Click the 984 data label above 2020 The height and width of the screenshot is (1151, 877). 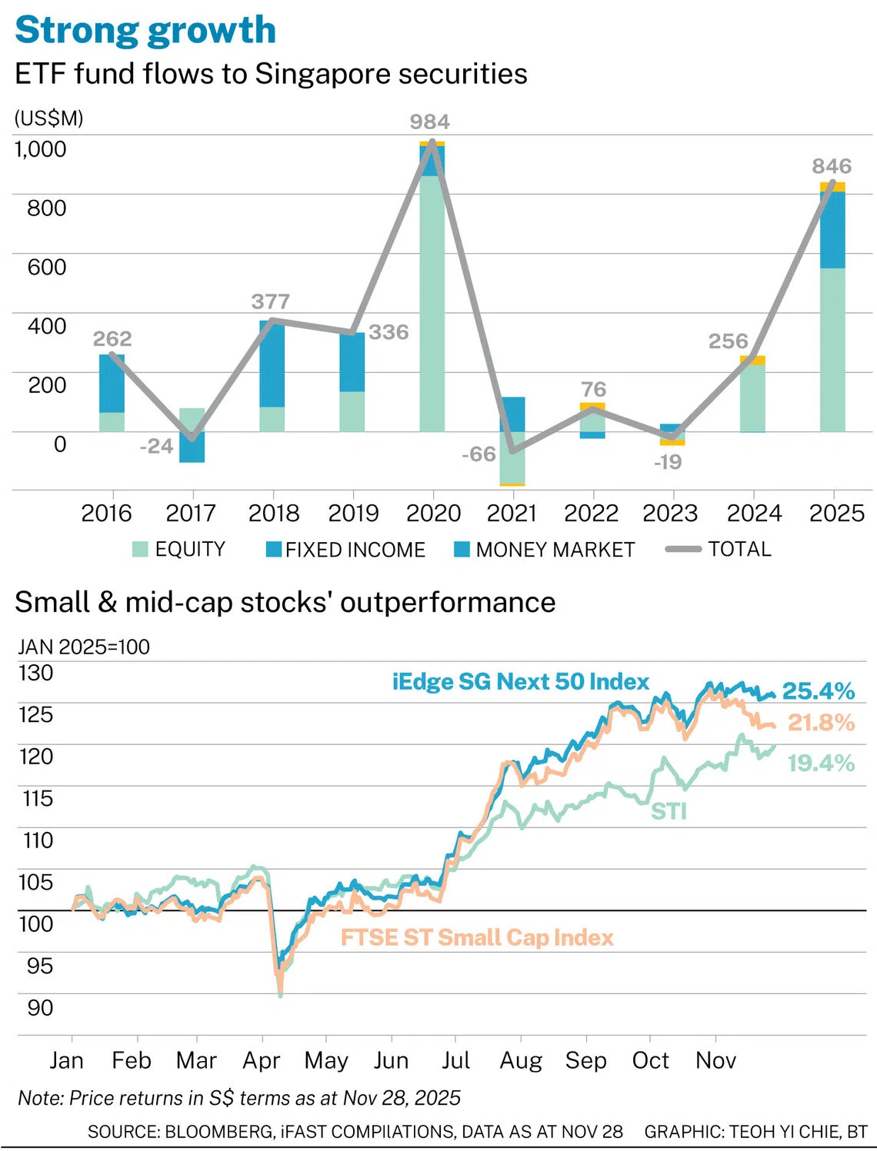coord(429,121)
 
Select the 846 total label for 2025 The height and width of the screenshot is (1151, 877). coord(832,166)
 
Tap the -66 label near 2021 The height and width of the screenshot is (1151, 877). coord(479,454)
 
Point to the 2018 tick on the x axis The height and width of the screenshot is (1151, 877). coord(274,513)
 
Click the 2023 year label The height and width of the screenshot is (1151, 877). coord(669,513)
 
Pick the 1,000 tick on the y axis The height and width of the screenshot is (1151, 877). coord(41,148)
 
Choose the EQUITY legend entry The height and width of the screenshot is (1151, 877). coord(179,549)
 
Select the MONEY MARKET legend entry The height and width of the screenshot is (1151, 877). coord(545,550)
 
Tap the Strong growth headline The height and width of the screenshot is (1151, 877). coord(145,31)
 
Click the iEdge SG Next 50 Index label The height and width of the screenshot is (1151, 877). coord(521,681)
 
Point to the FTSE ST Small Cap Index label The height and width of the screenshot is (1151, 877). coord(477,937)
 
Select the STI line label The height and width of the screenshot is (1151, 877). coord(669,812)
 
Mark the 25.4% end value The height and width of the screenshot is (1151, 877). coord(819,691)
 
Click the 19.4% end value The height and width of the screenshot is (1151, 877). coord(821,763)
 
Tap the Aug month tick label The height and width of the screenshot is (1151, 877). coord(521,1060)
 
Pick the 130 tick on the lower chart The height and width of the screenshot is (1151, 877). coord(36,673)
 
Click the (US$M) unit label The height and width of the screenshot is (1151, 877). coord(49,118)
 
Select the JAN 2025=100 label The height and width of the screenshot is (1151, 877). coord(84,647)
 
